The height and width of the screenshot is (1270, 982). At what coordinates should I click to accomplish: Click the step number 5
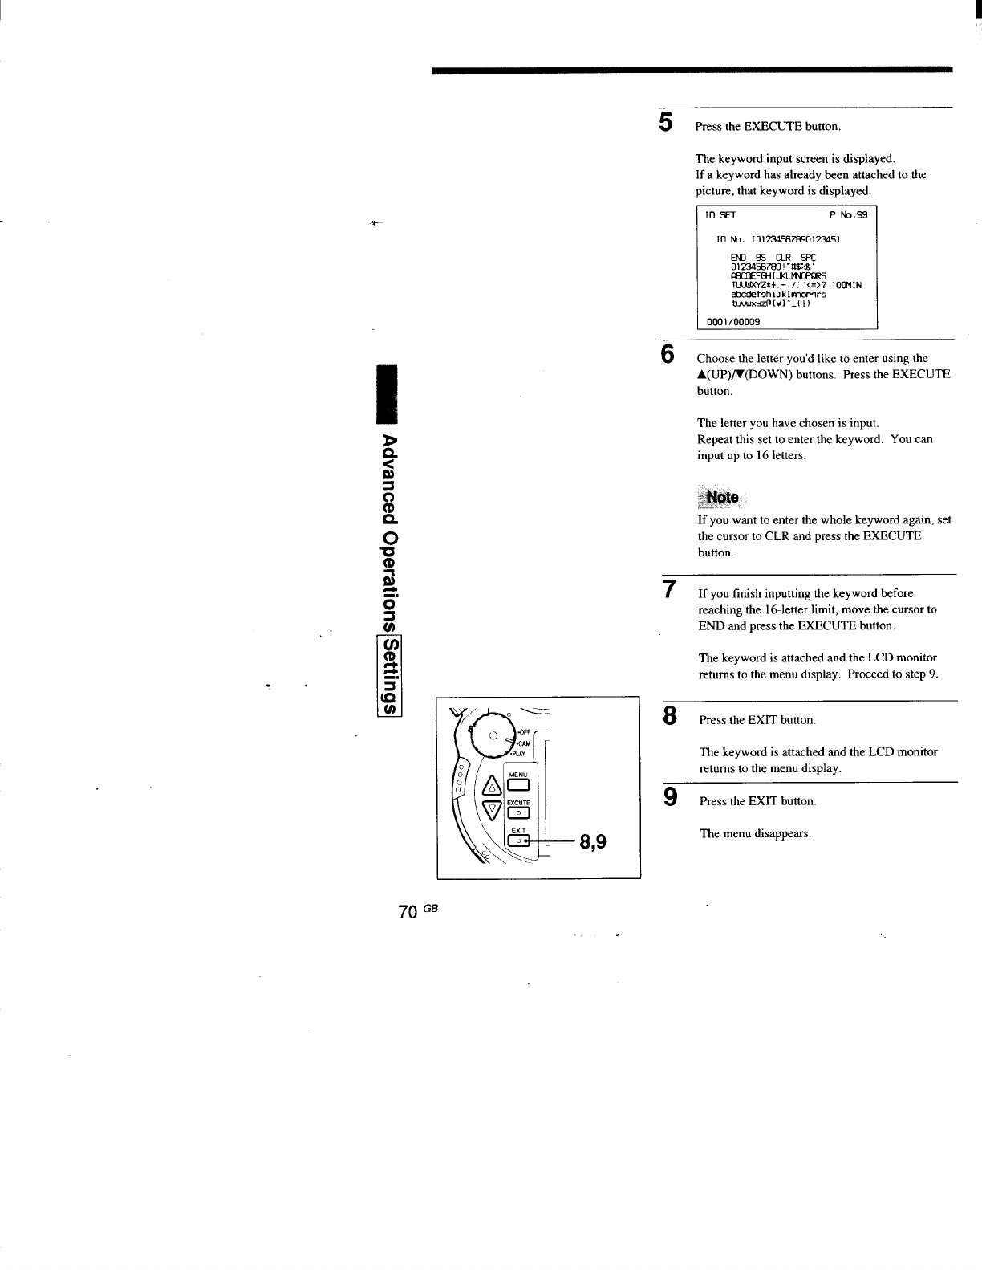tap(665, 122)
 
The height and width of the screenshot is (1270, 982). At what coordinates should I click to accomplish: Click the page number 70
tap(407, 912)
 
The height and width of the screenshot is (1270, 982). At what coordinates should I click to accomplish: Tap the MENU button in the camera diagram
tap(517, 784)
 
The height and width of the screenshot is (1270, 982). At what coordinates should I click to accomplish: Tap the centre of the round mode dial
tap(494, 735)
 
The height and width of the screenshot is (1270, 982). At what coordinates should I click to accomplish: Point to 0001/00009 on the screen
tap(732, 321)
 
